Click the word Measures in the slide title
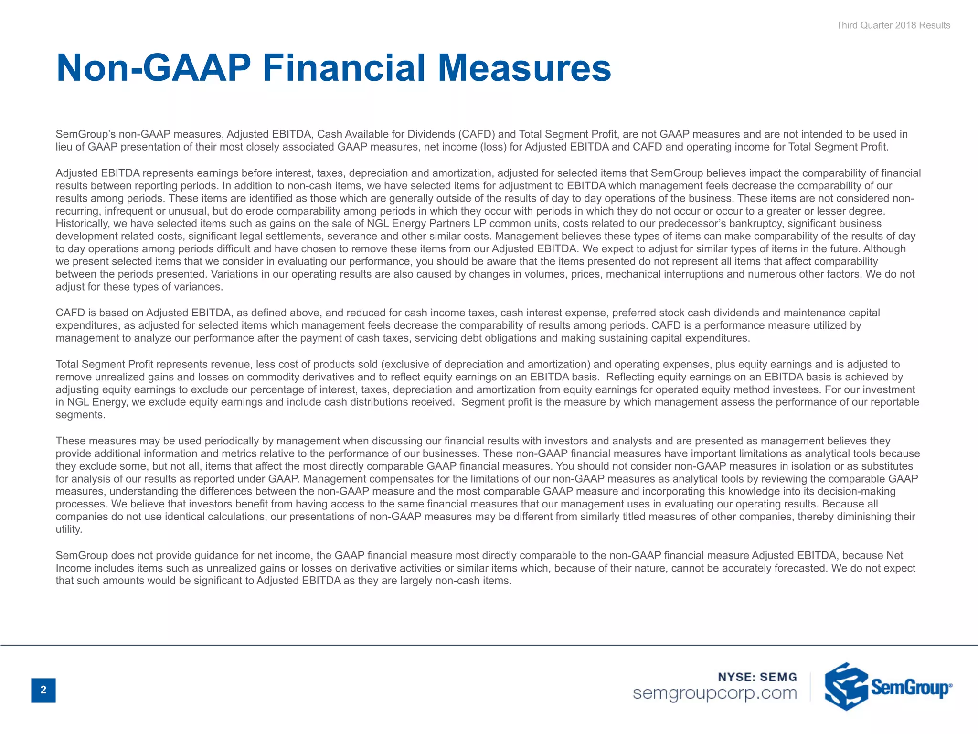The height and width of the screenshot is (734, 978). point(524,68)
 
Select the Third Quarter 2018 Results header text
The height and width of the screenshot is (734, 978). point(893,25)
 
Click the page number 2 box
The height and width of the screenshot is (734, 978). point(43,690)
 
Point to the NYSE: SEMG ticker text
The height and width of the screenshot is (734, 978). point(757,677)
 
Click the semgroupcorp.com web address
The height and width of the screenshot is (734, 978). point(715,693)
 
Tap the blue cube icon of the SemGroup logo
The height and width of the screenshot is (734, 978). point(846,686)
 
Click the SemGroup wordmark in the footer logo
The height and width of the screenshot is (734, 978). point(911,688)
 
